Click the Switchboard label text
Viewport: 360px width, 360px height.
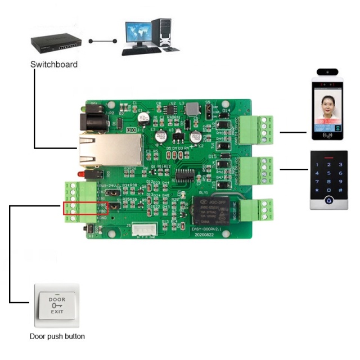(53, 64)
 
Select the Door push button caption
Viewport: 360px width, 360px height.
(57, 336)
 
